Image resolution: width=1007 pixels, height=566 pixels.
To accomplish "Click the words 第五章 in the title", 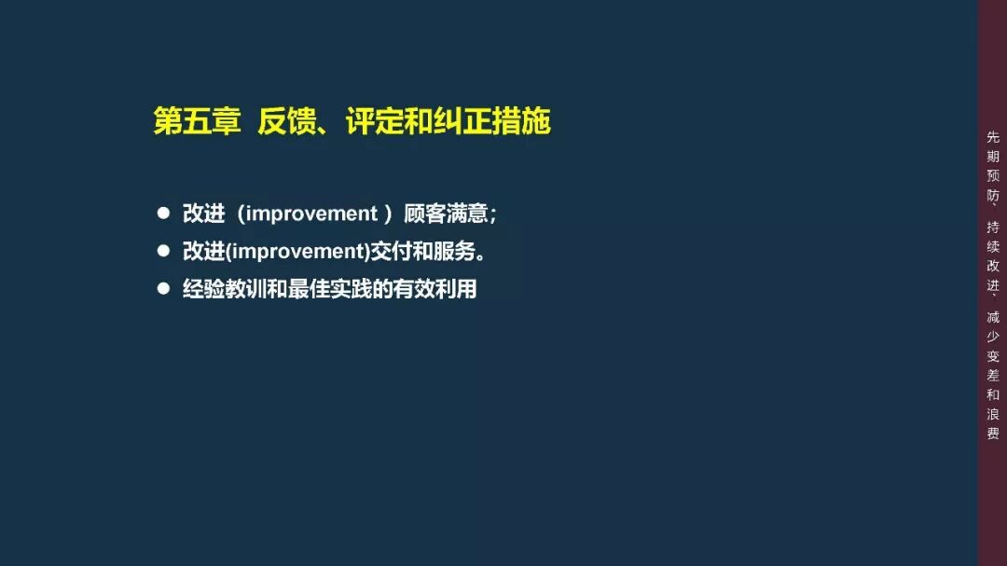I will (197, 121).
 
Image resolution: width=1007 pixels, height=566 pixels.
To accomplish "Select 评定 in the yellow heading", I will (374, 121).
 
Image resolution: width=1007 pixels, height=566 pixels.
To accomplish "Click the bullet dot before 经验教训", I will (163, 288).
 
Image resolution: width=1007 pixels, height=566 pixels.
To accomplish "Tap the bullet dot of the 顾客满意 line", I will (163, 214).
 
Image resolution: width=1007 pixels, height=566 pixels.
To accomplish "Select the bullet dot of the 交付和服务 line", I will (163, 251).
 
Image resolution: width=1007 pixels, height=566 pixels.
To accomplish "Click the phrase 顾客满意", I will (447, 214).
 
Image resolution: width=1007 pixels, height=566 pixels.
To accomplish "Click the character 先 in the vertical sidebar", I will (993, 136).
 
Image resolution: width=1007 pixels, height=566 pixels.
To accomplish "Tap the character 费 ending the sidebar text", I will (993, 433).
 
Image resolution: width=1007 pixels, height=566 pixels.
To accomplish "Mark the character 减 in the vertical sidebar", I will (993, 317).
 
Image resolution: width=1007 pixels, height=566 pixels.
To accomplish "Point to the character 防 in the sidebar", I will (993, 196).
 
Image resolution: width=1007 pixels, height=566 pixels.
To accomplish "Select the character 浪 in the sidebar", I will (993, 413).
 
